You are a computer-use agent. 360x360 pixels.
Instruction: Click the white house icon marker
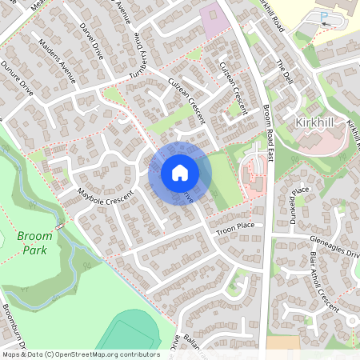(x=180, y=172)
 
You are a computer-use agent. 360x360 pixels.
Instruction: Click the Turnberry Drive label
(x=142, y=51)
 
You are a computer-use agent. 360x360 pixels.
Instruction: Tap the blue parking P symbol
(x=324, y=16)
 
